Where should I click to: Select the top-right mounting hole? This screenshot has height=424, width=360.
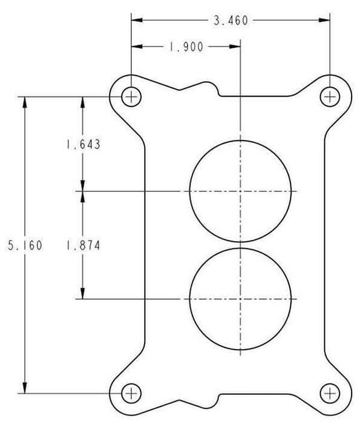[x=329, y=96]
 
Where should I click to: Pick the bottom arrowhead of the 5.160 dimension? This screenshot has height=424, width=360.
[x=24, y=387]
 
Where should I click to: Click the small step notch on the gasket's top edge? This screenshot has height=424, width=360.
[x=217, y=91]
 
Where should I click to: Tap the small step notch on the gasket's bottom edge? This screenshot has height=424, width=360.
[x=217, y=397]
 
